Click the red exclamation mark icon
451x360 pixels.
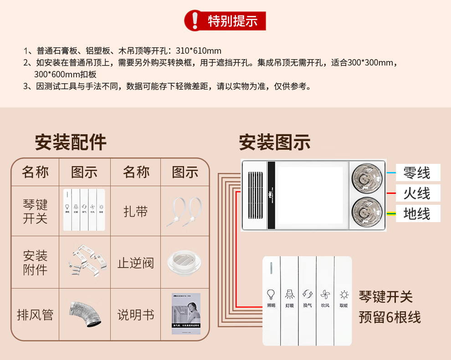click(195, 20)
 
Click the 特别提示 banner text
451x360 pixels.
click(232, 21)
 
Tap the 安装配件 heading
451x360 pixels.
click(71, 142)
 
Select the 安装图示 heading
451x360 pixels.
click(275, 142)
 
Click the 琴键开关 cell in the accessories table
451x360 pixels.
click(35, 211)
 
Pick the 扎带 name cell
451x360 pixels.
click(136, 211)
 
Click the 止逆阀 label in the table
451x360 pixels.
click(136, 263)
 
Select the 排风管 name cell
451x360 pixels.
click(35, 314)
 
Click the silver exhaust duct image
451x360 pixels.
click(85, 314)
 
